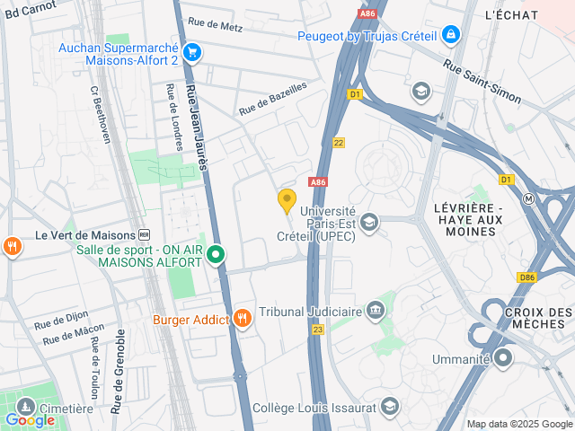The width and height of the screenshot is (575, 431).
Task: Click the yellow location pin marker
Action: click(287, 201)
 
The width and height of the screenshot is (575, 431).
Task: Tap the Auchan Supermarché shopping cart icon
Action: click(191, 52)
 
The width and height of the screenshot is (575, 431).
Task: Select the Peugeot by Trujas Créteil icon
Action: click(450, 36)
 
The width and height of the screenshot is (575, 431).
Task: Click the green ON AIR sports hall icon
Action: click(216, 256)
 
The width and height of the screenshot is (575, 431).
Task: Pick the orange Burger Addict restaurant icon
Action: click(243, 319)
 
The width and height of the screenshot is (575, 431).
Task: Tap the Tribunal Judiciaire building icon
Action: click(375, 312)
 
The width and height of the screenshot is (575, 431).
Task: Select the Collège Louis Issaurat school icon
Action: click(389, 407)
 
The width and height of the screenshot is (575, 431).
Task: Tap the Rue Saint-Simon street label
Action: click(482, 81)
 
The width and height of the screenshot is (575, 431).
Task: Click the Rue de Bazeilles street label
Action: click(272, 99)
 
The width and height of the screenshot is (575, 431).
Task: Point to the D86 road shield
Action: click(526, 278)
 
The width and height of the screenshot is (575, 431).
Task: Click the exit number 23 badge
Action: click(317, 330)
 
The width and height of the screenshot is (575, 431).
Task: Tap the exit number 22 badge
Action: click(338, 143)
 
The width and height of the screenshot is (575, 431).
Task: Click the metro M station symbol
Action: click(530, 198)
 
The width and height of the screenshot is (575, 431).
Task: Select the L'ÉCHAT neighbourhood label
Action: click(511, 15)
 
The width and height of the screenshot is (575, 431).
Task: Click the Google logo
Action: click(30, 419)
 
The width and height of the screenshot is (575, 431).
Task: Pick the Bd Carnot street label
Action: click(33, 9)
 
